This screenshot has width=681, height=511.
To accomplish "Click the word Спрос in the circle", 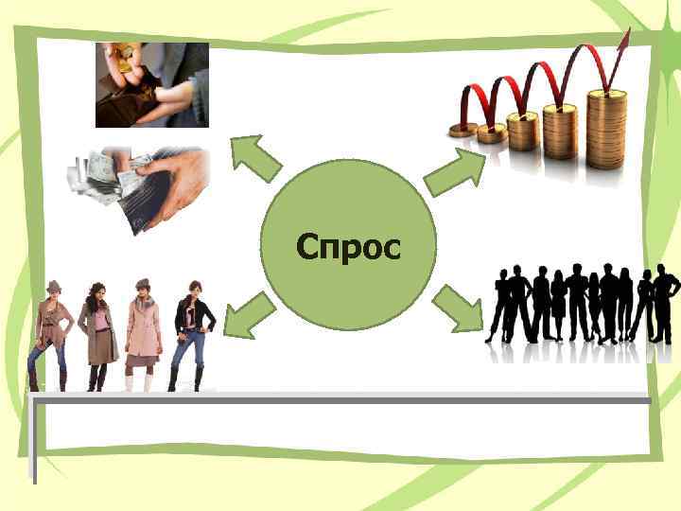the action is tap(348, 247).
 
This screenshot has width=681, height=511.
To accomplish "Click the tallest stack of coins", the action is tap(606, 128).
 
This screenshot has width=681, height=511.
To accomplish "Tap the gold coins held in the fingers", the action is tap(122, 52).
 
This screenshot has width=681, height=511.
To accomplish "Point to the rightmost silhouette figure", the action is tap(666, 303).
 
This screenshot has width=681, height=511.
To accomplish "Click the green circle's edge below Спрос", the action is tap(348, 324).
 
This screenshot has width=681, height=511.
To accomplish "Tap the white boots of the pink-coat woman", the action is tap(139, 380).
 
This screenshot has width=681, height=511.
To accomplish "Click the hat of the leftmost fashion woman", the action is tap(53, 286).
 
